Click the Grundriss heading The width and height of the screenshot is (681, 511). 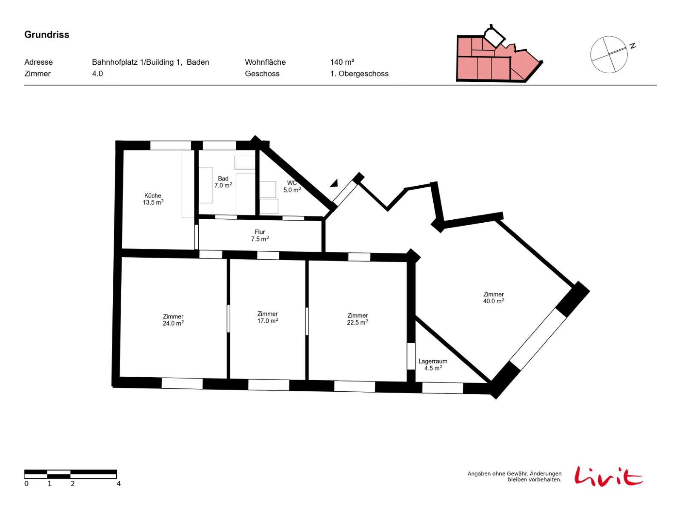click(x=46, y=34)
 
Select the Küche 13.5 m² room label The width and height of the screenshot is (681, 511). click(x=153, y=199)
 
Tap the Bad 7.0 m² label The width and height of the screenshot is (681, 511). click(x=223, y=182)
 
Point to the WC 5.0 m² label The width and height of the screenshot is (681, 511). click(x=292, y=186)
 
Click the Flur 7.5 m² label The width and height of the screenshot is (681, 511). click(x=260, y=235)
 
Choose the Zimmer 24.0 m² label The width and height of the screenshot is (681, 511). click(x=173, y=320)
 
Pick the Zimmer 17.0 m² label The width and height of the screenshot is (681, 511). click(x=267, y=317)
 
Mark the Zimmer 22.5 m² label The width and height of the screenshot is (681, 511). click(x=358, y=319)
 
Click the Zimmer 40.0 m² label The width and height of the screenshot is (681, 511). click(x=493, y=298)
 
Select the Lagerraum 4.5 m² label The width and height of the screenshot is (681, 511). click(x=433, y=365)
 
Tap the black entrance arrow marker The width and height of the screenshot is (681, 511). click(x=334, y=184)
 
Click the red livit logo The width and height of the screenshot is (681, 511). click(x=608, y=476)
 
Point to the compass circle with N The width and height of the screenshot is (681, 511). click(x=609, y=55)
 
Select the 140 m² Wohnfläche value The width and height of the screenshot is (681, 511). click(x=342, y=62)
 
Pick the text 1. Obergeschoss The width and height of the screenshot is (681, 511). click(x=359, y=74)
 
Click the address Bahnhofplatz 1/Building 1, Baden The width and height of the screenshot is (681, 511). click(x=151, y=62)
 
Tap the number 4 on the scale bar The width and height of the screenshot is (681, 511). click(x=118, y=484)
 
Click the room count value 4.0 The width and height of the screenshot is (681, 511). click(x=97, y=74)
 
